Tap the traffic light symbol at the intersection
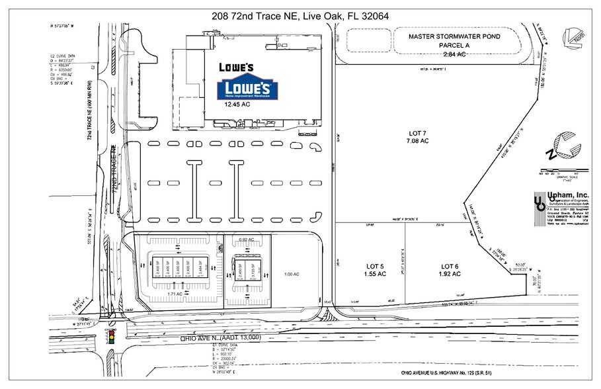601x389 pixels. pyautogui.click(x=110, y=337)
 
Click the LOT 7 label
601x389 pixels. pyautogui.click(x=418, y=136)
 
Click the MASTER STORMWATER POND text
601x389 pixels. pyautogui.click(x=455, y=37)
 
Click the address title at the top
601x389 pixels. pyautogui.click(x=300, y=15)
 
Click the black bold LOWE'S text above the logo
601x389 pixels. pyautogui.click(x=237, y=67)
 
